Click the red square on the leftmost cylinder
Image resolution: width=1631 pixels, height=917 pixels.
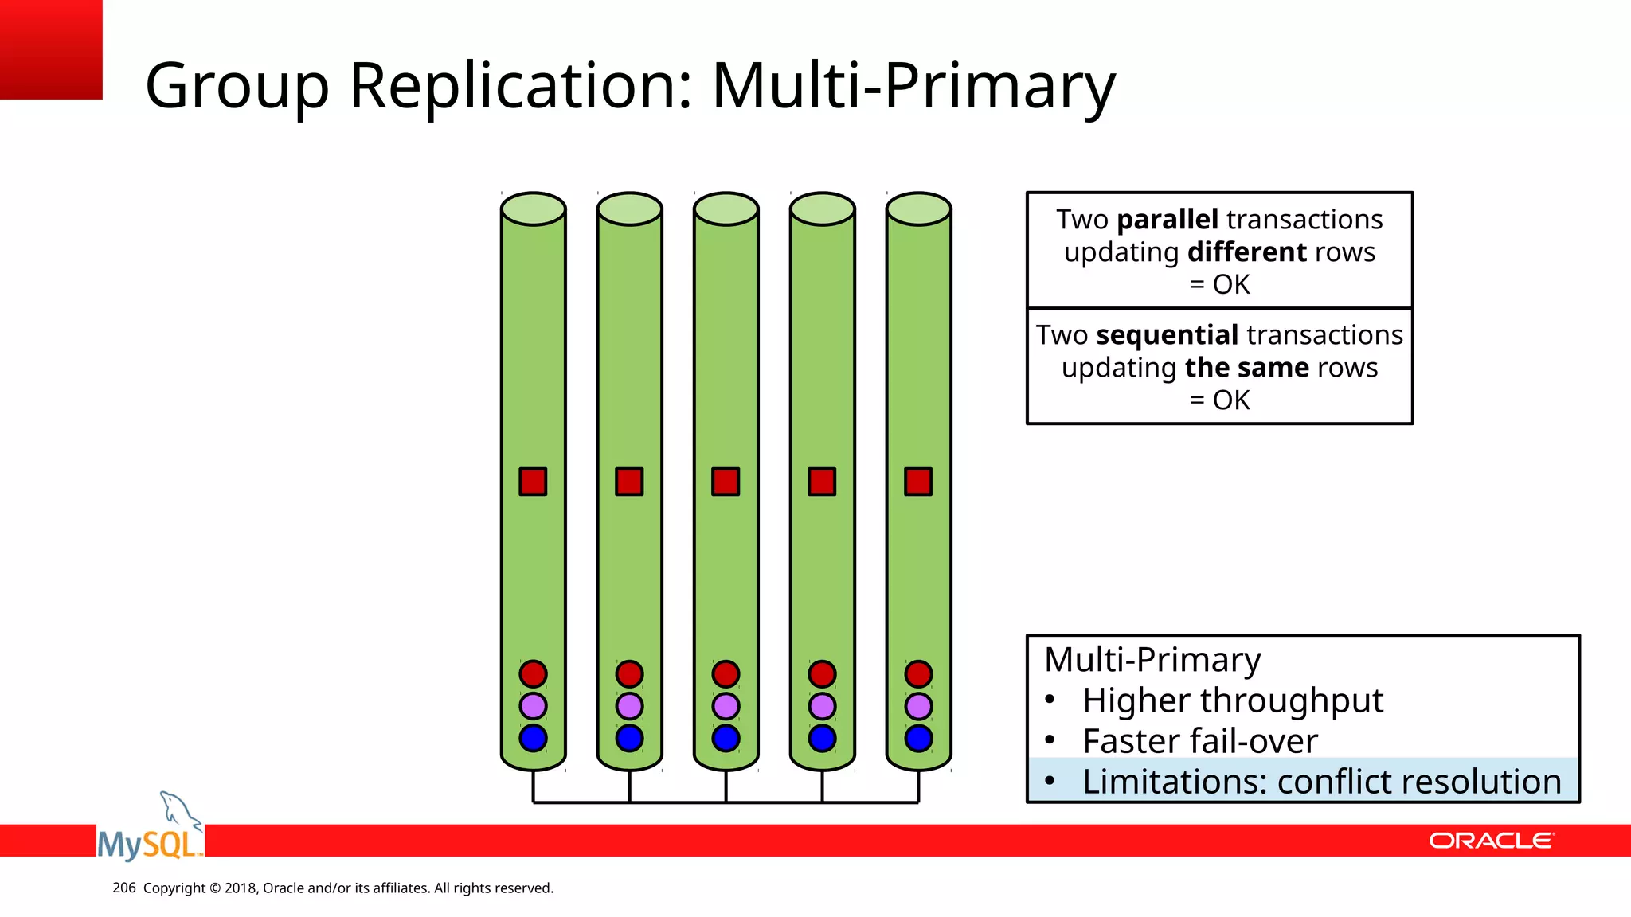pyautogui.click(x=533, y=482)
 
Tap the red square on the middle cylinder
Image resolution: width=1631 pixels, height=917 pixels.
pyautogui.click(x=726, y=482)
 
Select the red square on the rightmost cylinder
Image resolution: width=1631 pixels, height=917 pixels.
pyautogui.click(x=918, y=482)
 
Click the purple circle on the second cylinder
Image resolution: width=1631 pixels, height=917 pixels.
pyautogui.click(x=629, y=706)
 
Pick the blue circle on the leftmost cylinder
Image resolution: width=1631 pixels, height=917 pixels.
pyautogui.click(x=533, y=738)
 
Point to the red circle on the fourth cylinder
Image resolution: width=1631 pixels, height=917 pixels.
pyautogui.click(x=822, y=674)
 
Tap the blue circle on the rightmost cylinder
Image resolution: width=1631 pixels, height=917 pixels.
pyautogui.click(x=918, y=738)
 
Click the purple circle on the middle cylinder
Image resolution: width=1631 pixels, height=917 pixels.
pyautogui.click(x=726, y=706)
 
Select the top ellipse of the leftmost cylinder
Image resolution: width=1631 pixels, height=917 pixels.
pyautogui.click(x=533, y=209)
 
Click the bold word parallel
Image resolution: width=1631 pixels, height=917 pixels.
pyautogui.click(x=1168, y=220)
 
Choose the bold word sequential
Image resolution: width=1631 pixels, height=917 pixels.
pyautogui.click(x=1167, y=335)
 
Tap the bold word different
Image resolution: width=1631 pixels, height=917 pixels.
pyautogui.click(x=1247, y=252)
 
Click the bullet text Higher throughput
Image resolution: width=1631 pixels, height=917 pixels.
pyautogui.click(x=1232, y=700)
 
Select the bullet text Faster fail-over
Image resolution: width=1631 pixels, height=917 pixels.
pyautogui.click(x=1199, y=741)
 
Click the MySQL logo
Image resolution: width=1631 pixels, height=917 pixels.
pyautogui.click(x=150, y=832)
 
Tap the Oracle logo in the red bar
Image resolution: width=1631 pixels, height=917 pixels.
pyautogui.click(x=1491, y=841)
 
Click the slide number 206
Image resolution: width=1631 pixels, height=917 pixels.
pyautogui.click(x=124, y=888)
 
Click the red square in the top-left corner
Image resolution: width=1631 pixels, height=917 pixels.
pyautogui.click(x=51, y=49)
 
